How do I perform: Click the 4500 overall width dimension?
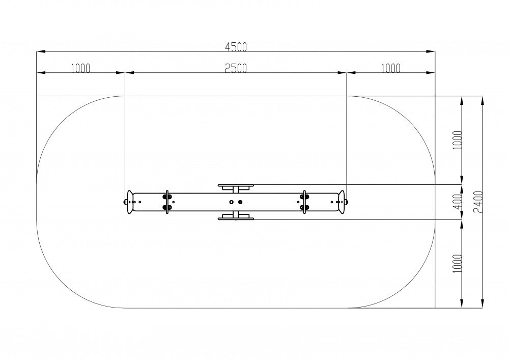tap(236, 47)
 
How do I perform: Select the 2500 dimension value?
tap(236, 68)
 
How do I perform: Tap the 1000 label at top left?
tap(80, 68)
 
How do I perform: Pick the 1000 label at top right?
tap(390, 68)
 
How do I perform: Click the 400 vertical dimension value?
tap(457, 202)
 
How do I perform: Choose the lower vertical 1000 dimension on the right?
tap(457, 263)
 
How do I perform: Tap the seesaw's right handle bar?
tap(304, 202)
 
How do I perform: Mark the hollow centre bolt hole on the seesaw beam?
tap(232, 202)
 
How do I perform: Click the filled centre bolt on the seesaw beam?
tap(240, 202)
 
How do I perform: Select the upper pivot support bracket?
tap(235, 186)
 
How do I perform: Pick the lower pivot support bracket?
tap(235, 218)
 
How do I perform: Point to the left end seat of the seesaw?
tap(130, 202)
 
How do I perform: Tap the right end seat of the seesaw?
tap(342, 202)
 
